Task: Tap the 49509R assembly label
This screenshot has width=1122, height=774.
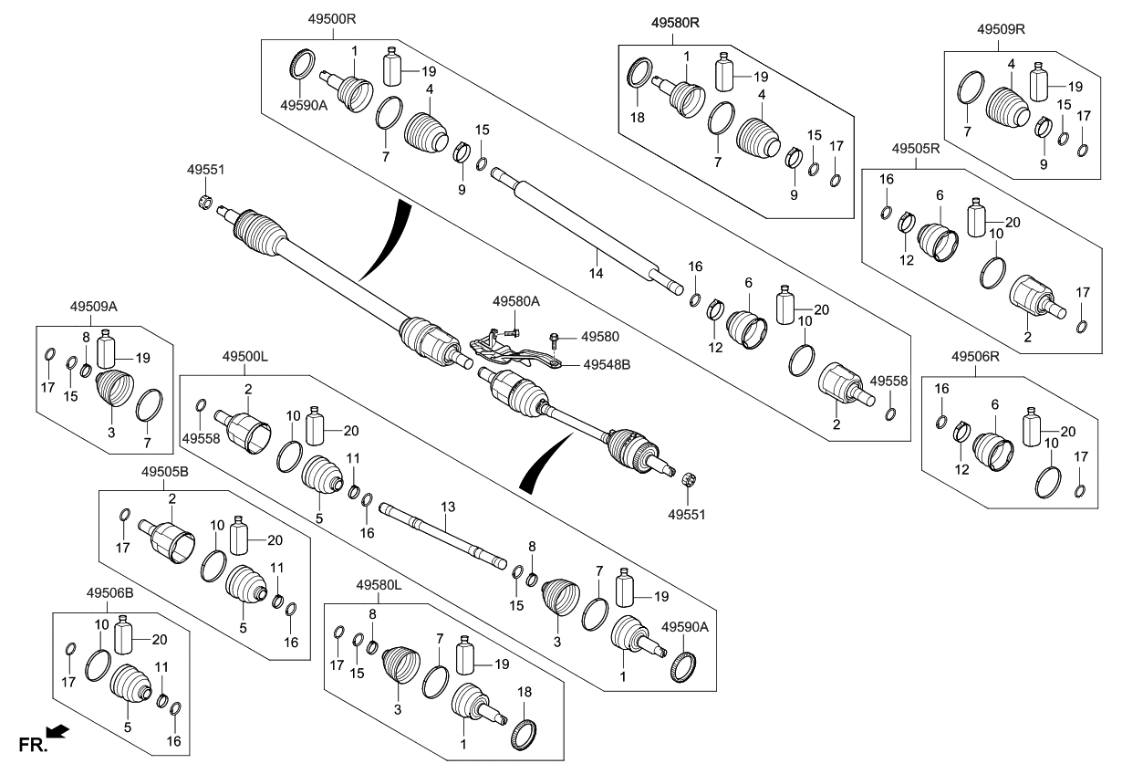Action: [x=1001, y=28]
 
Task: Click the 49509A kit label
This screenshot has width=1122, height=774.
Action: [x=90, y=308]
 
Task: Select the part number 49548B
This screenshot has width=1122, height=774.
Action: [x=608, y=364]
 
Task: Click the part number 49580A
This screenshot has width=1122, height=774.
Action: [x=516, y=300]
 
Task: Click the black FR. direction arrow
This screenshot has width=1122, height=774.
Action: [x=57, y=729]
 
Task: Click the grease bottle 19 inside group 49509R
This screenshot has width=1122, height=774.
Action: [x=1042, y=82]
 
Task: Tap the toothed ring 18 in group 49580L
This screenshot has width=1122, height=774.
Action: [x=523, y=734]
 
